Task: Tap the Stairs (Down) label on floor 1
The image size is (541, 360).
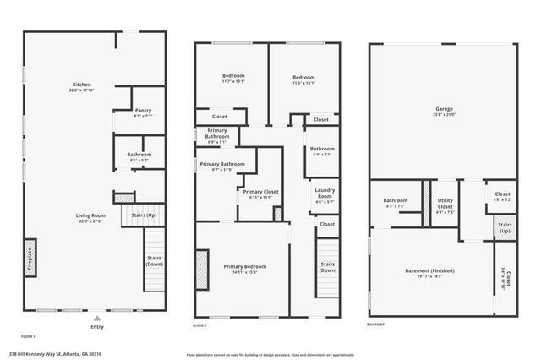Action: (x=153, y=260)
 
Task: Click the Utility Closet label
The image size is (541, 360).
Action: (x=445, y=204)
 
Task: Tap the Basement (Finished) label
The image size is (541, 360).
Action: (x=429, y=272)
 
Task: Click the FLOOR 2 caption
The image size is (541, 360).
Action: (x=199, y=325)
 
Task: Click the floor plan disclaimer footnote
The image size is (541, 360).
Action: (x=271, y=354)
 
